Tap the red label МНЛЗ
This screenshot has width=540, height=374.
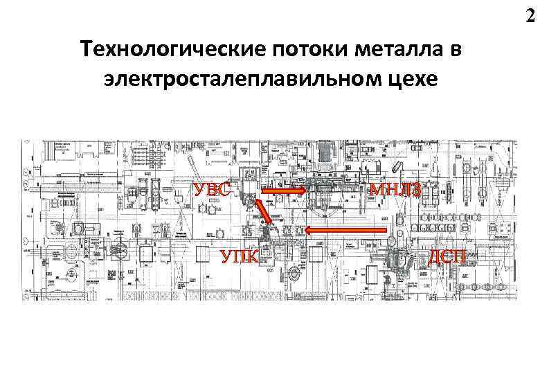coord(394,188)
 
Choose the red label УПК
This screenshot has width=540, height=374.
coord(240,258)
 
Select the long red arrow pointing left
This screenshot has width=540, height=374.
coord(346,229)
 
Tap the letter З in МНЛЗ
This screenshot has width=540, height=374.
coord(413,188)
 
